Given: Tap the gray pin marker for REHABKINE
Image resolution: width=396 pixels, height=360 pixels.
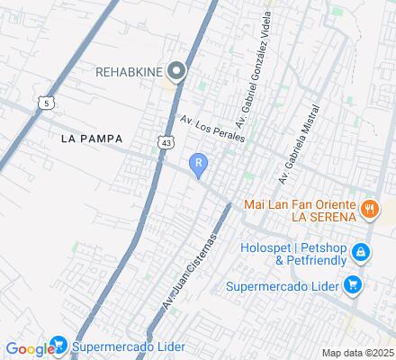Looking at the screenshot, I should tap(176, 70).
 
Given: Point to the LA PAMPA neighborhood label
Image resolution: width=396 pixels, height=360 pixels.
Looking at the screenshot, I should tap(92, 139).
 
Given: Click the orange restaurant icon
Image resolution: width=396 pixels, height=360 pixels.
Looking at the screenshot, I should tap(368, 210).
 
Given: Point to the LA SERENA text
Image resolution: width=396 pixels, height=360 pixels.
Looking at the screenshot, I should tap(322, 217).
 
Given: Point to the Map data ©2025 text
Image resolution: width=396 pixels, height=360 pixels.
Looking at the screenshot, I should tap(357, 353).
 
